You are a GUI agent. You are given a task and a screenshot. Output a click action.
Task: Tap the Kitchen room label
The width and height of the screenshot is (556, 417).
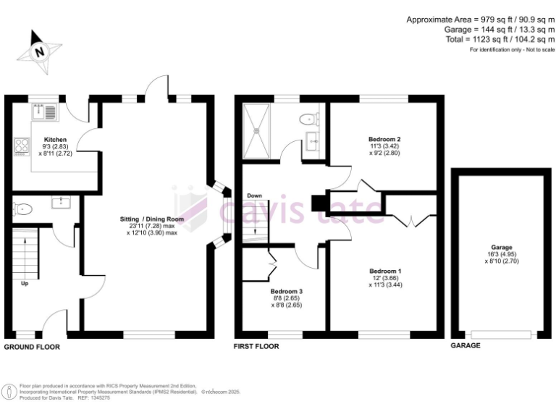click(56, 140)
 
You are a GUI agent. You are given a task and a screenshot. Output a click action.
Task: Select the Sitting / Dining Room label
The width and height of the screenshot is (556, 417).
click(152, 219)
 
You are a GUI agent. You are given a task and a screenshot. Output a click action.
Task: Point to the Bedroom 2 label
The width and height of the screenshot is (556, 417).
click(384, 139)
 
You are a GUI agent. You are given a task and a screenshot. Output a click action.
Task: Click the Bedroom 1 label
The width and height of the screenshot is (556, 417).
click(384, 271)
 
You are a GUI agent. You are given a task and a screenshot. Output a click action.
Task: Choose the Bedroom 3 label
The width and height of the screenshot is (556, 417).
click(287, 291)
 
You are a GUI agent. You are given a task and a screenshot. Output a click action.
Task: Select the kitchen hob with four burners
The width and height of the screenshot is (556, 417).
click(20, 147)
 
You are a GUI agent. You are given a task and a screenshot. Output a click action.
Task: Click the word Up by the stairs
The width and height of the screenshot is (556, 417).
click(25, 283)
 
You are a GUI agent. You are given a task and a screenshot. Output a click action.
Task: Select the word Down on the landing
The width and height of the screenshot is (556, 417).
click(254, 195)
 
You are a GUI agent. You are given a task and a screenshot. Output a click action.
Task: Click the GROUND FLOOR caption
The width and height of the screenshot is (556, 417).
click(32, 347)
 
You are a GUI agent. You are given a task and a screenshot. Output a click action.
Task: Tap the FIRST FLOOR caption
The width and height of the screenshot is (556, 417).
click(256, 346)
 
